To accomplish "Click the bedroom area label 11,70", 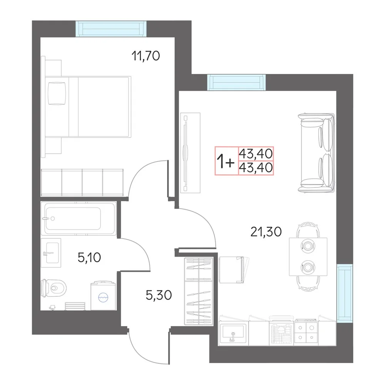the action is [146, 56].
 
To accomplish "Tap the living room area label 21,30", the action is [266, 232].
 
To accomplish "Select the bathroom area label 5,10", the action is [89, 258].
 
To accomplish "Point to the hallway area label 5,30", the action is [159, 295].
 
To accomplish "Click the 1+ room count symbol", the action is [225, 161].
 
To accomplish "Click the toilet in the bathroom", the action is [54, 288].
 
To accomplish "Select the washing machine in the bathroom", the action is [103, 296].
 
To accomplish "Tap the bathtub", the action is [79, 218].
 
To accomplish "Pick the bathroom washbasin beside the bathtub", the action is [51, 253].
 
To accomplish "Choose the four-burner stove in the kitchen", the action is [306, 333].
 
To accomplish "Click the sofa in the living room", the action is [316, 153].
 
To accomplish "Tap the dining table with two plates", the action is [308, 256].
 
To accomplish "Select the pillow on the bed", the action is [57, 94].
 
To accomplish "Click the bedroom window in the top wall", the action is [111, 29].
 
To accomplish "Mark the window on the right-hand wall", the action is [345, 293].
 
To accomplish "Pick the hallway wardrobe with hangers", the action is [199, 291].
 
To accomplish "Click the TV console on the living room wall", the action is [190, 153].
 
